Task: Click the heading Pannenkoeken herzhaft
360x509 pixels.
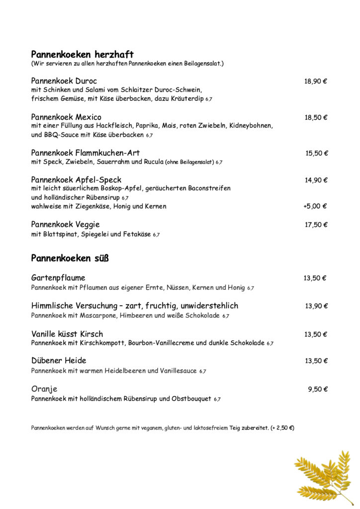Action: (x=82, y=55)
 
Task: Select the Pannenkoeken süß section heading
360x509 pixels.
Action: (x=70, y=258)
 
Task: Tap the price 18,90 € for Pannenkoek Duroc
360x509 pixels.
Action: (x=315, y=82)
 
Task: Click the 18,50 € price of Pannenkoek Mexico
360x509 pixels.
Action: (x=315, y=118)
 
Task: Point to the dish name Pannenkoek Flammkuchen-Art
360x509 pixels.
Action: (x=85, y=153)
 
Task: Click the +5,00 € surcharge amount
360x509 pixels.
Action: (x=315, y=206)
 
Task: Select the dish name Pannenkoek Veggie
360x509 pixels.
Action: (x=65, y=225)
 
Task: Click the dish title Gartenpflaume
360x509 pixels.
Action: (x=58, y=278)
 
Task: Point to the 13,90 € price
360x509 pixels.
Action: (x=316, y=306)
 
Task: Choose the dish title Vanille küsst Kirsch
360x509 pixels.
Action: (x=67, y=334)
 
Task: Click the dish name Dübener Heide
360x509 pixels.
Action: (x=59, y=361)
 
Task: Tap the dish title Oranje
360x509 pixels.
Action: (x=44, y=389)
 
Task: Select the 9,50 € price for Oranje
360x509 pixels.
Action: (x=317, y=389)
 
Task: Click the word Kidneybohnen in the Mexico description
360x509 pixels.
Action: (x=250, y=126)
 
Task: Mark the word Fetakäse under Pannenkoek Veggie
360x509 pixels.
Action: (x=135, y=234)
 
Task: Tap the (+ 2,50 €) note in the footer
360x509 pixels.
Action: (x=282, y=428)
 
